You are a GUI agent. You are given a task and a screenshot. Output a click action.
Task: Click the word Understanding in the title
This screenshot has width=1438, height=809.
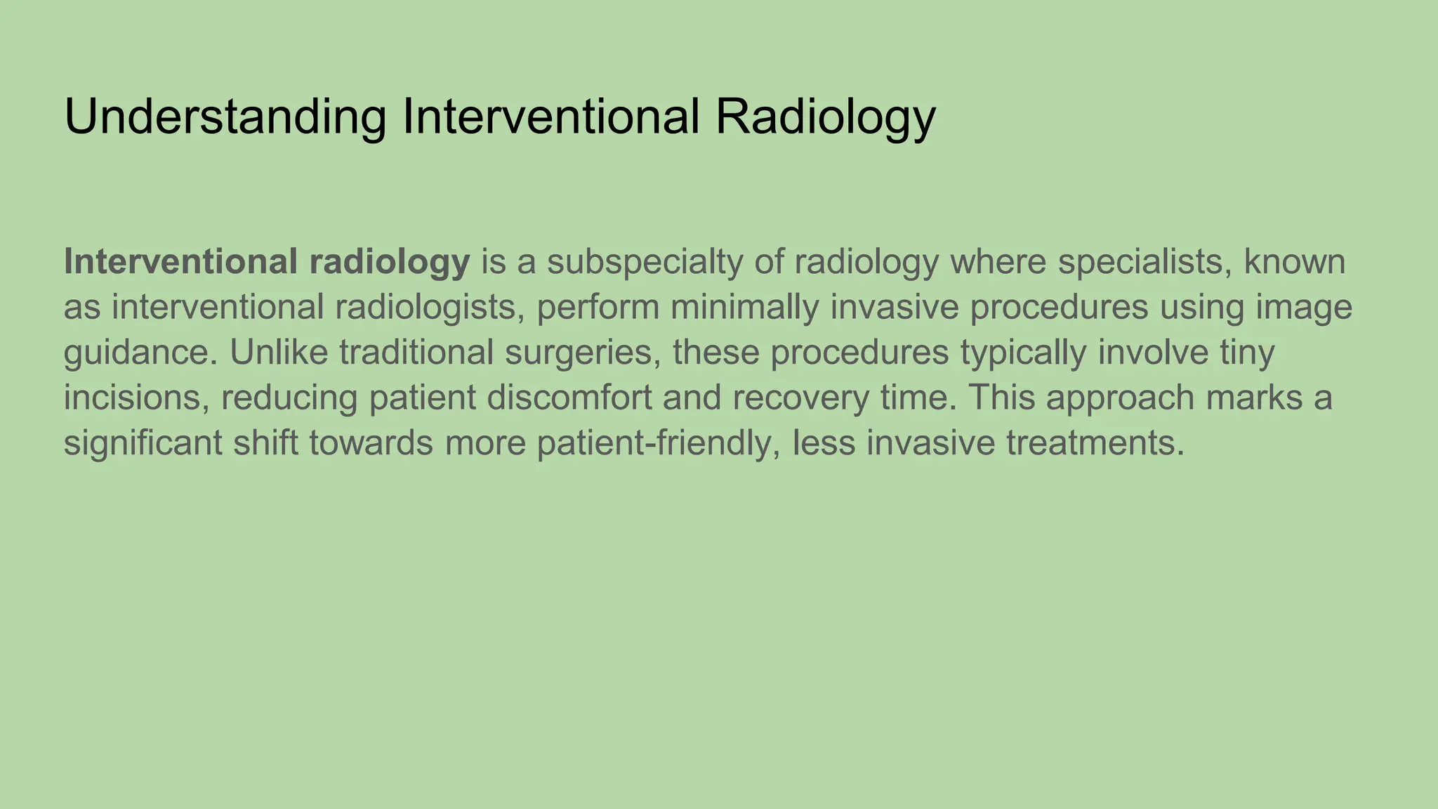click(x=225, y=117)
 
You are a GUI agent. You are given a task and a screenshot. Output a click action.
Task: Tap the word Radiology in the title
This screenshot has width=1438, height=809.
click(x=825, y=117)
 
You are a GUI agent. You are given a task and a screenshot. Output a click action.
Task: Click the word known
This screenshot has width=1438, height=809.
click(x=1294, y=262)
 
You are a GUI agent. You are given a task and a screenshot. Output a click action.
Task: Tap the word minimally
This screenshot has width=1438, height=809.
click(x=744, y=308)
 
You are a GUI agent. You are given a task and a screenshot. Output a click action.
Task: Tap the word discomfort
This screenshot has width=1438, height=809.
click(x=569, y=398)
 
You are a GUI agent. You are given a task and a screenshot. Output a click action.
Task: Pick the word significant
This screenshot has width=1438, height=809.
click(x=143, y=444)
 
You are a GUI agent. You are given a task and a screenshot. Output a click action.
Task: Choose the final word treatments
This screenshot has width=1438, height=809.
click(x=1095, y=444)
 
